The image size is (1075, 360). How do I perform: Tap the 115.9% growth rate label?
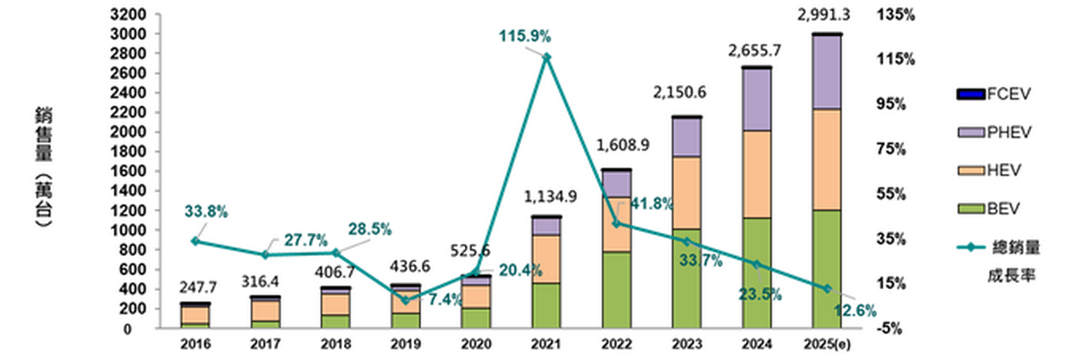[x=526, y=37]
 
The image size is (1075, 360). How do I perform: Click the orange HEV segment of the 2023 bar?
[x=687, y=193]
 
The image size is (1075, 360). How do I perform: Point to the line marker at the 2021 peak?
[x=546, y=57]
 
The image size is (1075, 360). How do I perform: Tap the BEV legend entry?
[x=993, y=209]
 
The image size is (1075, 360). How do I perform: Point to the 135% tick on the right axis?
[x=898, y=15]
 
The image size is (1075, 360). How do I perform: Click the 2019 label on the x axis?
[x=406, y=344]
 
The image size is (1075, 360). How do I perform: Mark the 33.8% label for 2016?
[x=206, y=212]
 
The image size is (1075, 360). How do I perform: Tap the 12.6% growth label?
[x=873, y=311]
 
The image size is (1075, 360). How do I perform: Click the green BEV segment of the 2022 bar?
[x=616, y=289]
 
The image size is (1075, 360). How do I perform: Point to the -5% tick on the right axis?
[x=895, y=329]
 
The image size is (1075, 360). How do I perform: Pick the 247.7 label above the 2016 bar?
[x=196, y=288]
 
